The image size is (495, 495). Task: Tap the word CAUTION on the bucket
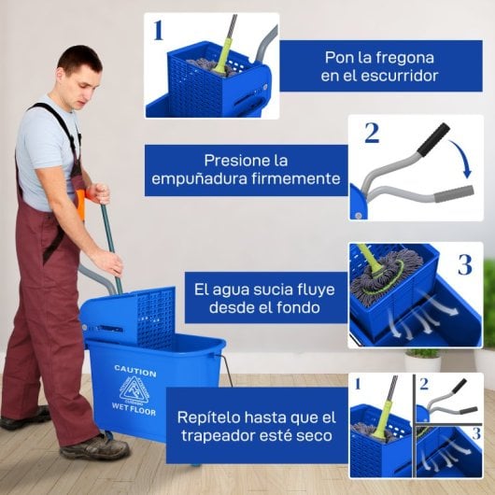pos(134,371)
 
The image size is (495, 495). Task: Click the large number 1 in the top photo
pos(158,31)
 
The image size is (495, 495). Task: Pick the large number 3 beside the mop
pos(464,264)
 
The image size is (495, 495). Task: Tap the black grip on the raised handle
pos(432,140)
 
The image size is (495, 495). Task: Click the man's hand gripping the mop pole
pos(108,261)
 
